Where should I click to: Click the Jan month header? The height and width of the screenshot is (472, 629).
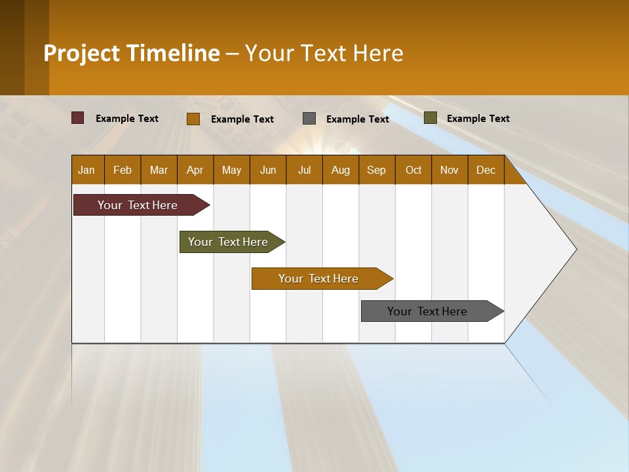[86, 170]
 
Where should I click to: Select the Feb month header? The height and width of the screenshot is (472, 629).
[123, 170]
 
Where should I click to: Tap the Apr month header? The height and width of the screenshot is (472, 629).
[195, 170]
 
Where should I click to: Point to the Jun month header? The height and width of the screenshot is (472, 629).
[268, 170]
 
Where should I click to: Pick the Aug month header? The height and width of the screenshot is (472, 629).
[341, 170]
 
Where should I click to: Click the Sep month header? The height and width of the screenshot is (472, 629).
[377, 170]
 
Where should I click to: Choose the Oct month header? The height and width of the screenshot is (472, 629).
[413, 170]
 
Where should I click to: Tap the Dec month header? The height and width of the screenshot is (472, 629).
[486, 170]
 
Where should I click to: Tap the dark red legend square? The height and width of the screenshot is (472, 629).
[77, 118]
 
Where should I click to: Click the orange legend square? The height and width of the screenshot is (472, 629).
[193, 119]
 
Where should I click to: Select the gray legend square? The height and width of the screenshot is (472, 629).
[309, 119]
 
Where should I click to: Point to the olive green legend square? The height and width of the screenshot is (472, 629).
[430, 118]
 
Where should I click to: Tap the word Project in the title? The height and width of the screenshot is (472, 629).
[82, 53]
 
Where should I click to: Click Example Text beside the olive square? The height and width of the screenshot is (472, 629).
[478, 119]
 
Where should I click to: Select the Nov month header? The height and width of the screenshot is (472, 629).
[449, 170]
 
